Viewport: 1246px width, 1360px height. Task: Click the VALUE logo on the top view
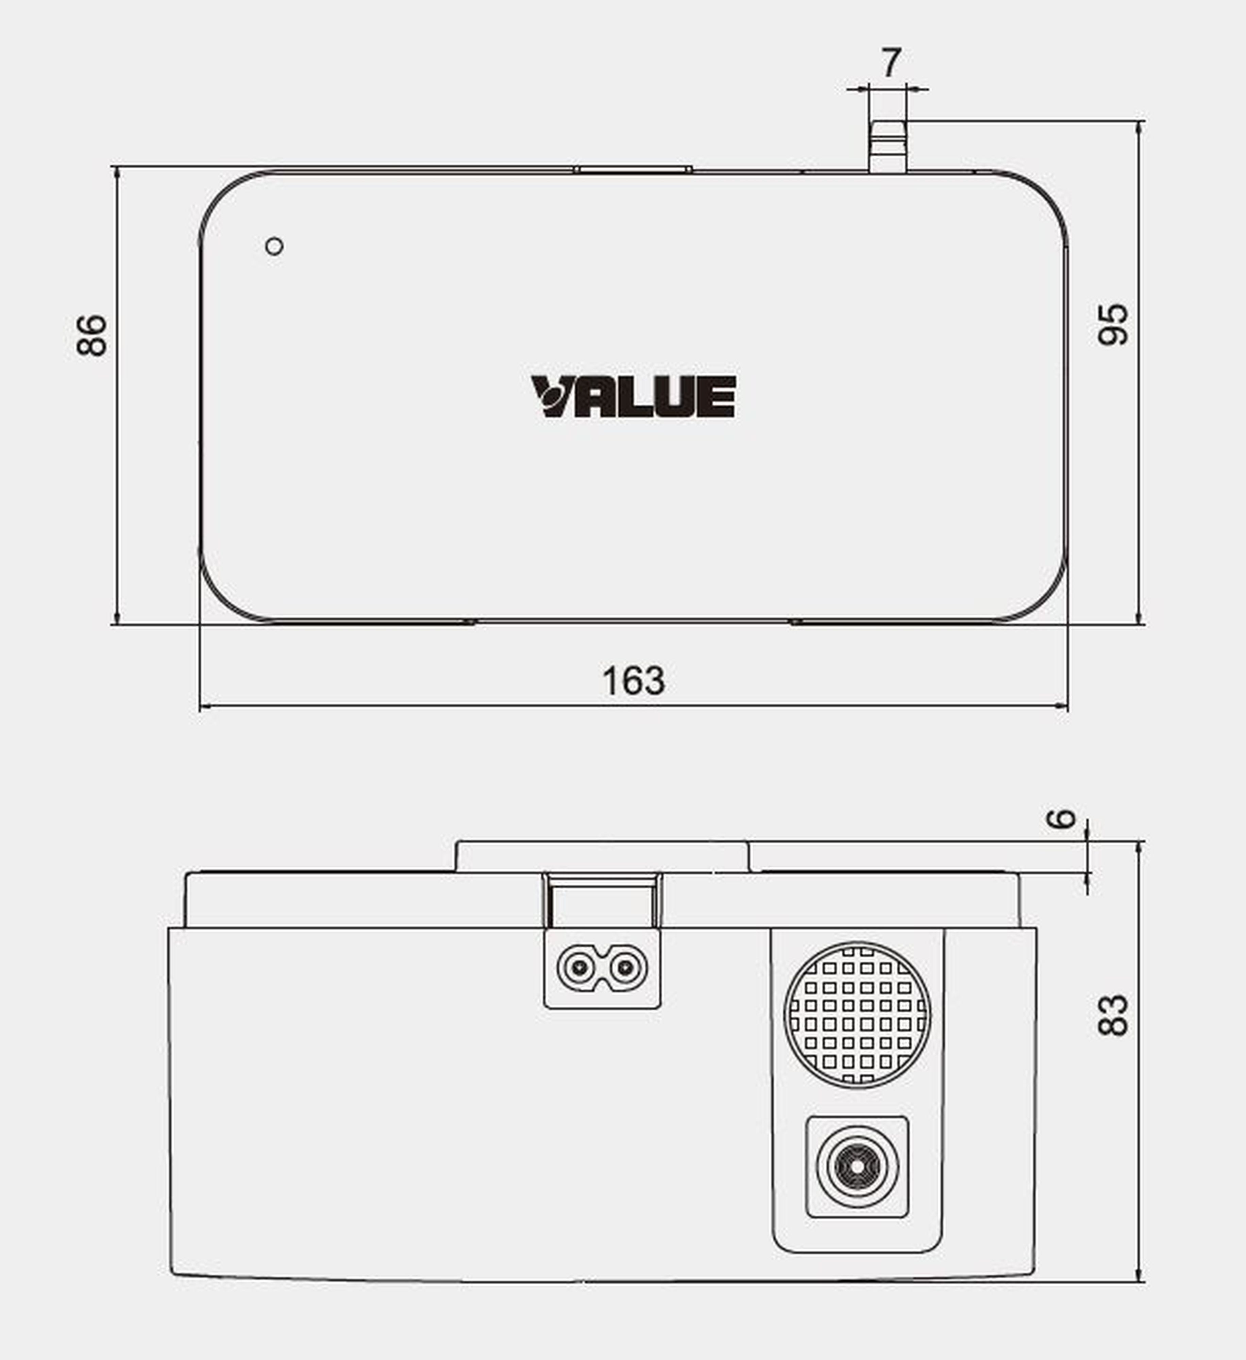click(x=633, y=397)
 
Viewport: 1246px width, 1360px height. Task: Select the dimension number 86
click(x=92, y=335)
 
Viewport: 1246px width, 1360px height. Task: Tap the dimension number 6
click(x=1060, y=819)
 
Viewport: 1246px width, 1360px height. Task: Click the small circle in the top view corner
click(x=274, y=246)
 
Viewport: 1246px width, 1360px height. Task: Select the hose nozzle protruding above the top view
click(x=887, y=147)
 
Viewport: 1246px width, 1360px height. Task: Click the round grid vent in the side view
click(x=857, y=1015)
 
